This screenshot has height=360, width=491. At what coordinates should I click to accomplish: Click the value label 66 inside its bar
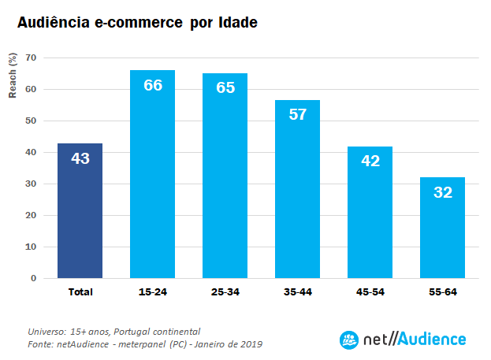coord(153,85)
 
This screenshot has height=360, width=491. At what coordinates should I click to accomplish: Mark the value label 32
coord(443,192)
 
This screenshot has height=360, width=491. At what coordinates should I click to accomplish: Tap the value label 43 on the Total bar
coord(80,158)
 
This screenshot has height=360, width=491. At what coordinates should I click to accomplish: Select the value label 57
coord(298,114)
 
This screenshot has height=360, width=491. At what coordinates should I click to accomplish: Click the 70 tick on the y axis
coord(32,58)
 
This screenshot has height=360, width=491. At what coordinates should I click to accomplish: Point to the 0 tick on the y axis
coord(34,278)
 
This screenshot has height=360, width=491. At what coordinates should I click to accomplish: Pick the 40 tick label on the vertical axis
coord(32,152)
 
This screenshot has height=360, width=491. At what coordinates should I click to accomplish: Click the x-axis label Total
coord(80,292)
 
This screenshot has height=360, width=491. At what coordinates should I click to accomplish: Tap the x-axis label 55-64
coord(443,292)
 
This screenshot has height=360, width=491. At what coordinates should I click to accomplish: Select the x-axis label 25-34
coord(225,292)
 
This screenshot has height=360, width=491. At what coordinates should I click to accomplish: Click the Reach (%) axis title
coord(13,76)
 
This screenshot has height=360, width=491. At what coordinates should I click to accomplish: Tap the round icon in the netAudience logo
coord(348,340)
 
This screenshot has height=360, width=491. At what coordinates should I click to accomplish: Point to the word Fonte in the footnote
coord(40,344)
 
